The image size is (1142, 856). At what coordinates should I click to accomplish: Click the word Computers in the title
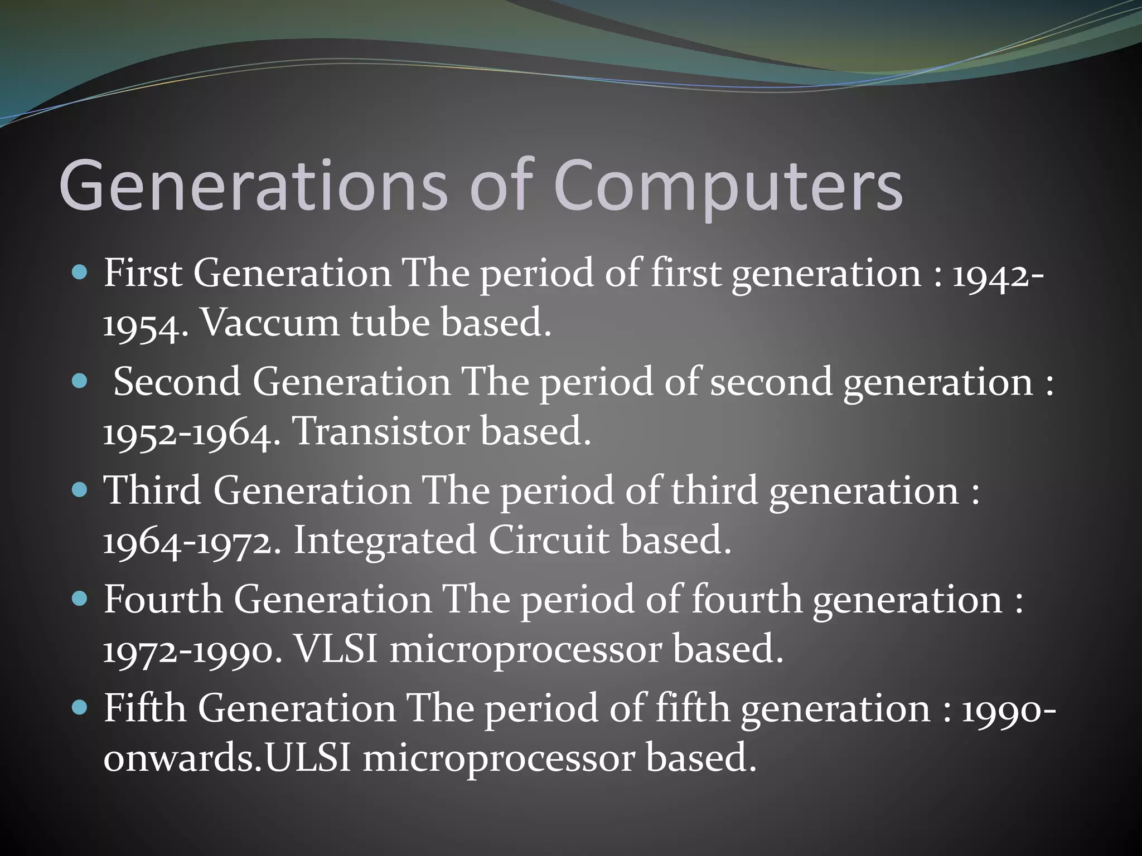coord(728,187)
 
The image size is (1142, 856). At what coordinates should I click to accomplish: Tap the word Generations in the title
coord(253,187)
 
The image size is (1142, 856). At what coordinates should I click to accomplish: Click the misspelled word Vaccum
coord(269,323)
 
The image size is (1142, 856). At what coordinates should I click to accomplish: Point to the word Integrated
coord(385,541)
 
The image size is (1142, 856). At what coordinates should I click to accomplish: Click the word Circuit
coord(549,541)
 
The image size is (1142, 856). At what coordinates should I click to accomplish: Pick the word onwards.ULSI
coord(228,758)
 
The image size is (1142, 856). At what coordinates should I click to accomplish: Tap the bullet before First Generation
coord(80,273)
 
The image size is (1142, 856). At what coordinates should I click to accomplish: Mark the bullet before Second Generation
coord(80,381)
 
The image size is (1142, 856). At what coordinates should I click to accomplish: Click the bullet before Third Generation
coord(80,490)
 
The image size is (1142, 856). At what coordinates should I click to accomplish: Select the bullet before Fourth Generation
coord(80,599)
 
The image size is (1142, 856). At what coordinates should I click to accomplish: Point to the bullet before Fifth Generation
coord(80,708)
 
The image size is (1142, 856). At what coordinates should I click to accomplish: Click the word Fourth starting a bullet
coord(163,600)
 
